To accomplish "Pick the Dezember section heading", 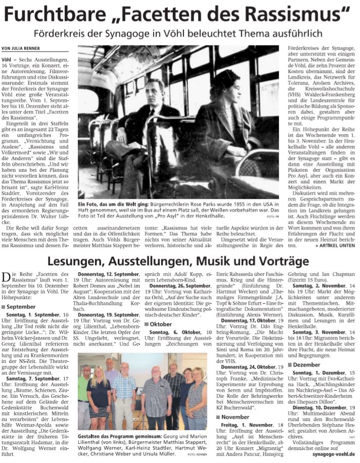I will pyautogui.click(x=306, y=364).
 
